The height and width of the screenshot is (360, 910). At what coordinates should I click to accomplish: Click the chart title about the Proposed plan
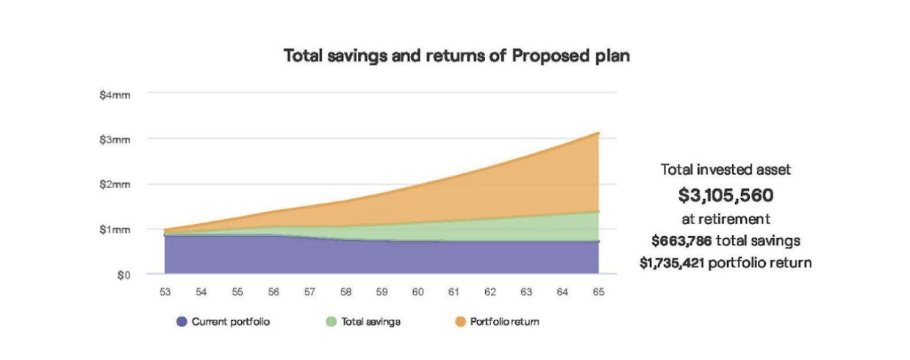click(456, 56)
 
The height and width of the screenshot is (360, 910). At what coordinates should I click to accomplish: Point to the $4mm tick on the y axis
click(115, 93)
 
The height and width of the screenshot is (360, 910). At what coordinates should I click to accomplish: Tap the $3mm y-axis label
click(115, 139)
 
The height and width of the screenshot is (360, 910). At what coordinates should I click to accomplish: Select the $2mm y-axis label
click(115, 184)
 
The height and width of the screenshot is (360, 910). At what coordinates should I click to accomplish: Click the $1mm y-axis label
click(115, 230)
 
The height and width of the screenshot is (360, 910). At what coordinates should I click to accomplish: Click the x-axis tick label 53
click(165, 292)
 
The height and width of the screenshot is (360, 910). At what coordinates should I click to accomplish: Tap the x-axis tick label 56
click(273, 292)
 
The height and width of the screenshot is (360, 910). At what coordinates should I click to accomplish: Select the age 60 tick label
click(418, 292)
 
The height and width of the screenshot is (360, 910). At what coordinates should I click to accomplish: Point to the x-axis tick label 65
click(598, 292)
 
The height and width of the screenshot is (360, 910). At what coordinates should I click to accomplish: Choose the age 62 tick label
click(490, 292)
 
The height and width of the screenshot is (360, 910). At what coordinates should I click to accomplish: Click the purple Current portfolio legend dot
click(182, 322)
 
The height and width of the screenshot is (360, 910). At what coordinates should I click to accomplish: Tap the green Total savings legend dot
click(331, 322)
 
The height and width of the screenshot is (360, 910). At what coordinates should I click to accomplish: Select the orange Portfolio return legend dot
click(459, 322)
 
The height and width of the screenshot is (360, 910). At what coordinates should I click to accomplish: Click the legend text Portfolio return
click(505, 322)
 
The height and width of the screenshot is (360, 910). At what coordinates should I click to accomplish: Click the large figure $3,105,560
click(726, 195)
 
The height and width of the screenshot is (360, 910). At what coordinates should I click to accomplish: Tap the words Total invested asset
click(726, 170)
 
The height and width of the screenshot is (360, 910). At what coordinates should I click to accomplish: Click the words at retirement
click(726, 218)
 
